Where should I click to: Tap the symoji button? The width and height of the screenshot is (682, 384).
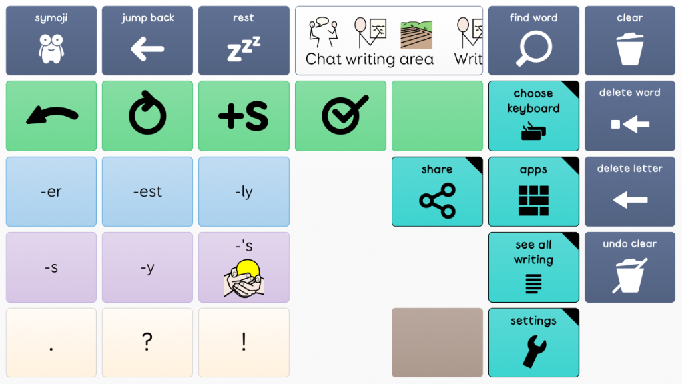point(51,41)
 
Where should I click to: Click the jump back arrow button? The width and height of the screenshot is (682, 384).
point(147,41)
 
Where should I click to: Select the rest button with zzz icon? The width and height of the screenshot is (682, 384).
point(244,41)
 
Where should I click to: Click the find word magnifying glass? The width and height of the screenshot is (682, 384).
point(533,41)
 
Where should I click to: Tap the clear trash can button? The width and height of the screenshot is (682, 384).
point(630,41)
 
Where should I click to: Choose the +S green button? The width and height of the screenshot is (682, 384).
point(244,116)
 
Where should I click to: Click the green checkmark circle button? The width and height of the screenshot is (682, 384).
point(340,116)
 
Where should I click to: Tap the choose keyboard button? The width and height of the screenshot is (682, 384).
point(533,116)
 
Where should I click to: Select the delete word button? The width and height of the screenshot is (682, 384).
point(630,116)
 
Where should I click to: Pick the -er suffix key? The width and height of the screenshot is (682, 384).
point(51,191)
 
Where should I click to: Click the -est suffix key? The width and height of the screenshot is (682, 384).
point(147,191)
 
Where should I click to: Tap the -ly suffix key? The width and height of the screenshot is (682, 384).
point(244,191)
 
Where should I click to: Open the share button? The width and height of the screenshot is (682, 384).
point(437,191)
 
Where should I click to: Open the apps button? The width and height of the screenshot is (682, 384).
point(533,191)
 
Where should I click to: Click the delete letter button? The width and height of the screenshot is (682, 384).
point(630,191)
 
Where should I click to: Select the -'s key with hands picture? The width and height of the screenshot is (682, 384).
point(244,267)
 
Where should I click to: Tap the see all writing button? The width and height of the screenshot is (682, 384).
point(533,267)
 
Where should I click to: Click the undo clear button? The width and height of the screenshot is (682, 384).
point(630,267)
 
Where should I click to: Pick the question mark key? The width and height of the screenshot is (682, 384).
point(147,343)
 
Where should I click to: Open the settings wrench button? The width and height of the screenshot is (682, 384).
point(533,343)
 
